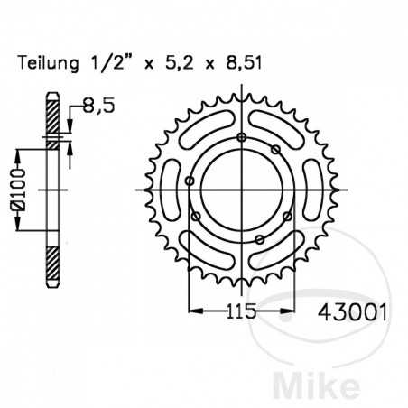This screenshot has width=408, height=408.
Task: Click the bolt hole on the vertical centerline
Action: click(241, 136)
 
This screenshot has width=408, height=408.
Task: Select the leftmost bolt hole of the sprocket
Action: click(189, 181)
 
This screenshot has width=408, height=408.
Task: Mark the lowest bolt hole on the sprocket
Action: click(260, 238)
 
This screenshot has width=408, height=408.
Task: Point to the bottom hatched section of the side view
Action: click(55, 267)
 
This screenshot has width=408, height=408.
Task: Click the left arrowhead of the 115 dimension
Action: click(190, 310)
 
